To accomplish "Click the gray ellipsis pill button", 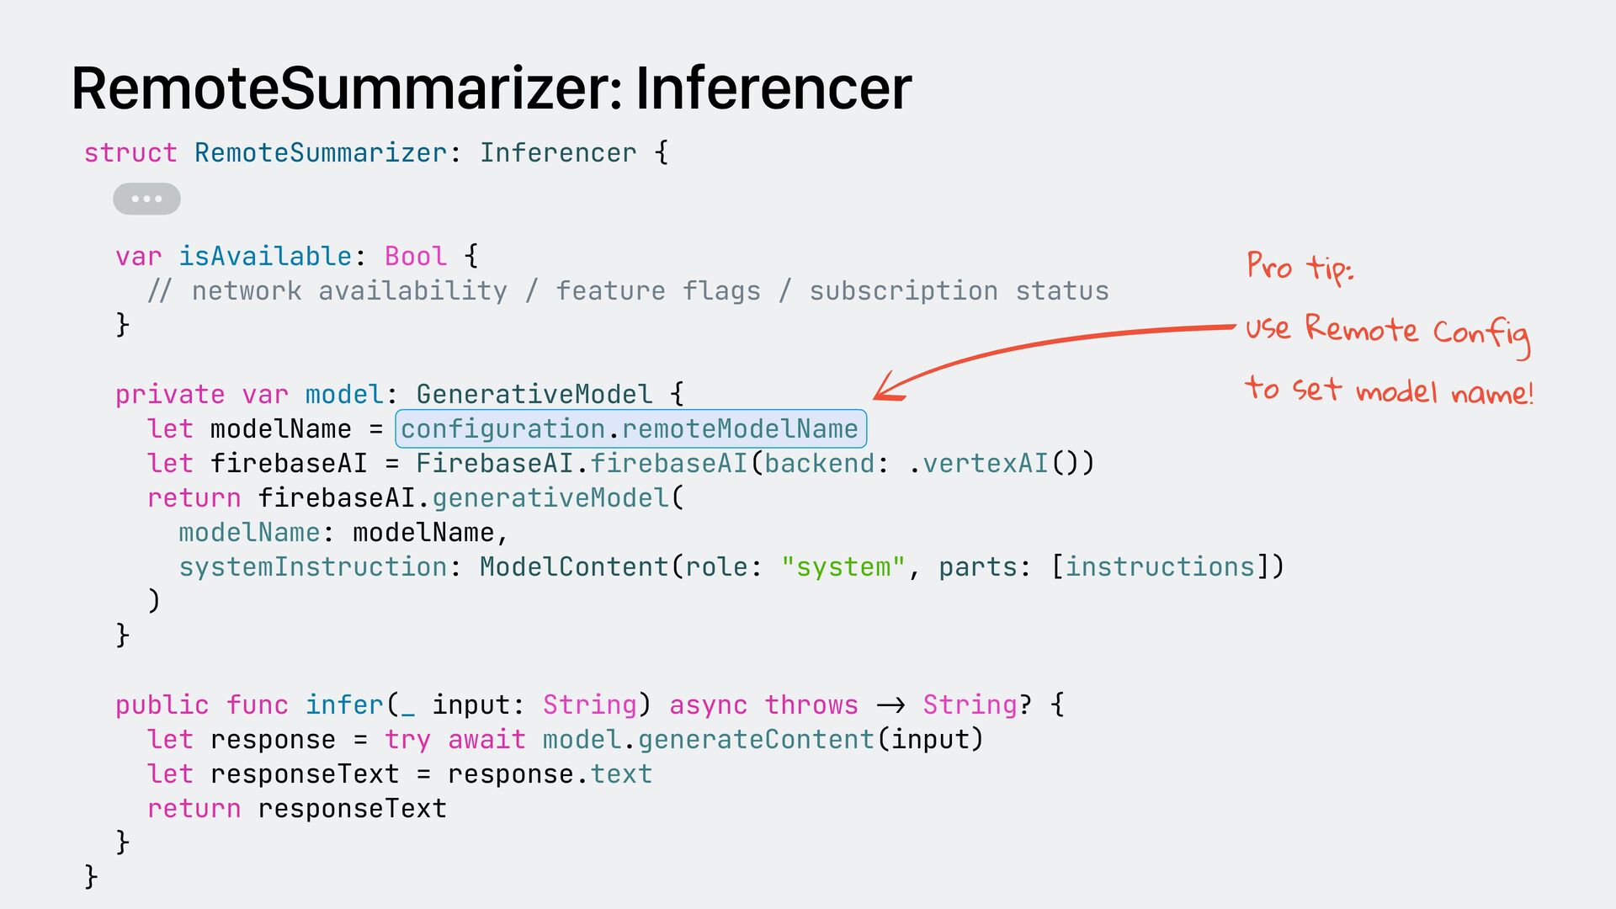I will pyautogui.click(x=146, y=199).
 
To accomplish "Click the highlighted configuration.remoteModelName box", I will pyautogui.click(x=630, y=429).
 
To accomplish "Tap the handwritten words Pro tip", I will pyautogui.click(x=1299, y=267).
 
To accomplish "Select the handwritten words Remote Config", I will pyautogui.click(x=1417, y=331).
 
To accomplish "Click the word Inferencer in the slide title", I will pyautogui.click(x=773, y=88).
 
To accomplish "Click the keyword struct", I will pyautogui.click(x=130, y=153).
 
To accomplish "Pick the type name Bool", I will pyautogui.click(x=415, y=256).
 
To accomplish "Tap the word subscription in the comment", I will pyautogui.click(x=903, y=291).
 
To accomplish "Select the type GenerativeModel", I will pyautogui.click(x=534, y=394).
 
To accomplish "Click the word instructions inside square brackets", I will pyautogui.click(x=1161, y=567).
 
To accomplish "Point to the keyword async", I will pyautogui.click(x=708, y=705).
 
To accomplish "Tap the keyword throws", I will pyautogui.click(x=811, y=705).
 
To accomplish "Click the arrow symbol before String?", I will pyautogui.click(x=890, y=705).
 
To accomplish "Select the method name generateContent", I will pyautogui.click(x=756, y=740).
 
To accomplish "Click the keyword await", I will pyautogui.click(x=486, y=740).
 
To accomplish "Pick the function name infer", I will pyautogui.click(x=344, y=705).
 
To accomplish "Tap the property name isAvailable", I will pyautogui.click(x=265, y=256).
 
